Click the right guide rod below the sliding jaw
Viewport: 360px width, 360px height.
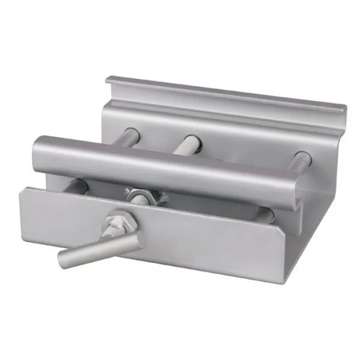(265, 211)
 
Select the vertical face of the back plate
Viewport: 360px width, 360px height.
(242, 131)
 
